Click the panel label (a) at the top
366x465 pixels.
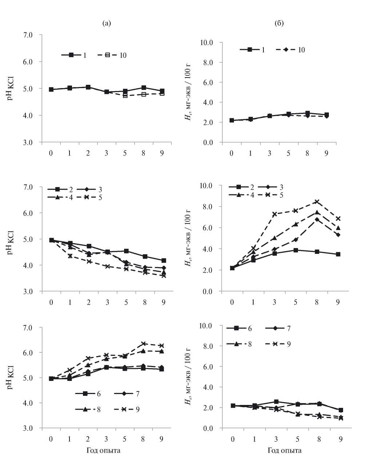coord(107,24)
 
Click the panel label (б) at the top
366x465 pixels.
coord(279,24)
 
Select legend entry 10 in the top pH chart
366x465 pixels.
coord(122,55)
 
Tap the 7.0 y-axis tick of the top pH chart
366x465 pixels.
coord(28,35)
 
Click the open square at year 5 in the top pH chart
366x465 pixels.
coord(125,96)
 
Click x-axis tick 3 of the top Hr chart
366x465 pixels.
coord(270,153)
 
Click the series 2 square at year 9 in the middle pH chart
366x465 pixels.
coord(164,261)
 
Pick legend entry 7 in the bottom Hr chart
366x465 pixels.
coord(289,328)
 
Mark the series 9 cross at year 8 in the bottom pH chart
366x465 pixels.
coord(143,344)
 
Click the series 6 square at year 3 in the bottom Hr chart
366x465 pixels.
coord(276,402)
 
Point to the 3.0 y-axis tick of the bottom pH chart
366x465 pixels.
coord(28,428)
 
